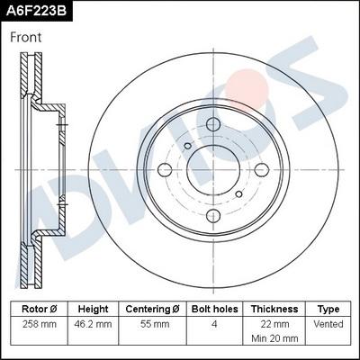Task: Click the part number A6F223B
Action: [36, 12]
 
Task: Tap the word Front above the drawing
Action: [26, 38]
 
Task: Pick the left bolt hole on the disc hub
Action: [165, 170]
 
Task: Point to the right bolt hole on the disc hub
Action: [261, 170]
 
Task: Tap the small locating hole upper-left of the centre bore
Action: [187, 145]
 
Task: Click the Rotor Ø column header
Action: [40, 309]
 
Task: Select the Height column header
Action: [94, 309]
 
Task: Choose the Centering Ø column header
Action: [153, 309]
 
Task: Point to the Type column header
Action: [328, 309]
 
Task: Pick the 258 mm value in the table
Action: [40, 324]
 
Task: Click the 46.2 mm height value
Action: [94, 324]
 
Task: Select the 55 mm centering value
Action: [153, 324]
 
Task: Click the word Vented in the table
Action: [328, 324]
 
